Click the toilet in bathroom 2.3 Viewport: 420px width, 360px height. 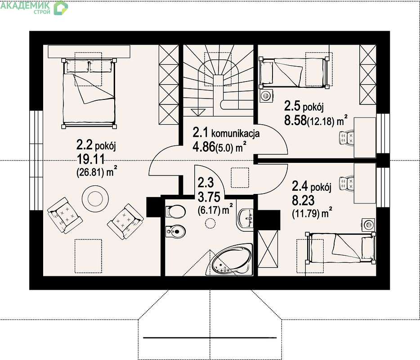[175, 211]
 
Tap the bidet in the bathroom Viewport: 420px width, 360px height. [175, 232]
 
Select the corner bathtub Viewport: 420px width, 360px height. [230, 259]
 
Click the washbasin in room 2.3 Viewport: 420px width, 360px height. [245, 218]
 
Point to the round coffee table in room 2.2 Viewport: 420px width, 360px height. [95, 198]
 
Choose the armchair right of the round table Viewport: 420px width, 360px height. [125, 221]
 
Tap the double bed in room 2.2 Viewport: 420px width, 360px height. [89, 93]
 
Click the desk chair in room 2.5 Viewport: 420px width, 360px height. [347, 138]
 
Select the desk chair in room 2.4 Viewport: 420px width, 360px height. [347, 184]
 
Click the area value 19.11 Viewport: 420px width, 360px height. [91, 159]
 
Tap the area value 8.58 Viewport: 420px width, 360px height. [295, 120]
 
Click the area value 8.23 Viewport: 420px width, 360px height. [303, 200]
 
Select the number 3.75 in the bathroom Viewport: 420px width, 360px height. [209, 197]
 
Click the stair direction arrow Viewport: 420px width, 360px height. [198, 112]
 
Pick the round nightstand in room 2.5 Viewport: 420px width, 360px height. [266, 96]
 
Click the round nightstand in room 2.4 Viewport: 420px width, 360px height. [369, 225]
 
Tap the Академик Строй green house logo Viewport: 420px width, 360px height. [61, 8]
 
